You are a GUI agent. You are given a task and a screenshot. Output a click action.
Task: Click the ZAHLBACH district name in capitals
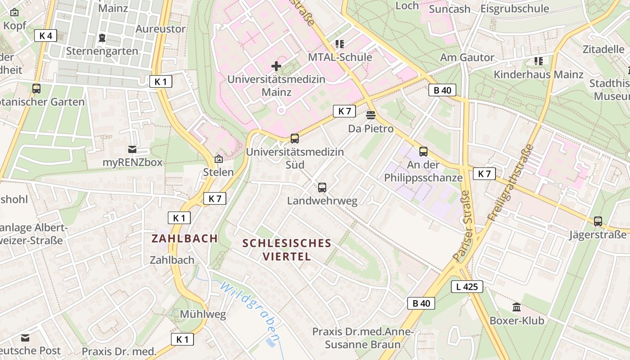[x=184, y=238]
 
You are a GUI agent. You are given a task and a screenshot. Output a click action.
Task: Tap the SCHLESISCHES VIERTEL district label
[x=287, y=250]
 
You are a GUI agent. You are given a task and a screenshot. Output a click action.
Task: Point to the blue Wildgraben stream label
[x=250, y=310]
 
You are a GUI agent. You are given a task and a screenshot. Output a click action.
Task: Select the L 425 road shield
[x=467, y=286]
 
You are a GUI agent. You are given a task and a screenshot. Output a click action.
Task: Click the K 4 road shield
[x=45, y=36]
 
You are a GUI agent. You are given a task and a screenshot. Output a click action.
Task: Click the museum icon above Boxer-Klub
[x=517, y=307]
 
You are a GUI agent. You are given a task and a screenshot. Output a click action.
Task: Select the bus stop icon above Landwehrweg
[x=322, y=187]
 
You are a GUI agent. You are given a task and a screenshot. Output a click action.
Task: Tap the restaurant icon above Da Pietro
[x=371, y=115]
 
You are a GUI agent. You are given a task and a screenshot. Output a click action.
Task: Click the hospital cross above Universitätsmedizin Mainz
[x=276, y=67]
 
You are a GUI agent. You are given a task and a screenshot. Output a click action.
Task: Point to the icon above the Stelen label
[x=219, y=159]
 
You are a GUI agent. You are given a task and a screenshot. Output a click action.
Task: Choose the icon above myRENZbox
[x=132, y=149]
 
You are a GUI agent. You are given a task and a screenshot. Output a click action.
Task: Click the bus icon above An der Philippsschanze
[x=423, y=151]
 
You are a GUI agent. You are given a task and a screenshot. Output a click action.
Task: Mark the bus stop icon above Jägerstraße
[x=598, y=221]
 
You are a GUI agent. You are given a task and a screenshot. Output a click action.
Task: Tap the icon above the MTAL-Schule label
[x=340, y=44]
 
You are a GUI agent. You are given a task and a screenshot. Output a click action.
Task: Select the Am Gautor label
[x=467, y=57]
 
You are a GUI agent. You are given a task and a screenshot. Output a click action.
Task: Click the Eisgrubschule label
[x=514, y=9]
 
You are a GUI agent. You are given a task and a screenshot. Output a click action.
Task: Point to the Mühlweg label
[x=203, y=314]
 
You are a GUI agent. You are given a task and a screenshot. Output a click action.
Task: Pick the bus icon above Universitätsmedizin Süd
[x=294, y=139]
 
